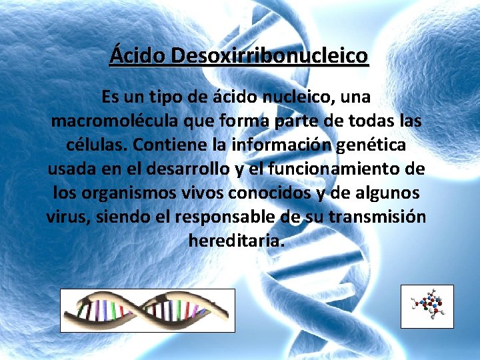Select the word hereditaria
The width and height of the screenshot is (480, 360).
[x=237, y=240]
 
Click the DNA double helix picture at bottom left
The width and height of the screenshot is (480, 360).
[x=147, y=310]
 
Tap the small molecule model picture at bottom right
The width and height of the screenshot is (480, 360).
[x=427, y=306]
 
